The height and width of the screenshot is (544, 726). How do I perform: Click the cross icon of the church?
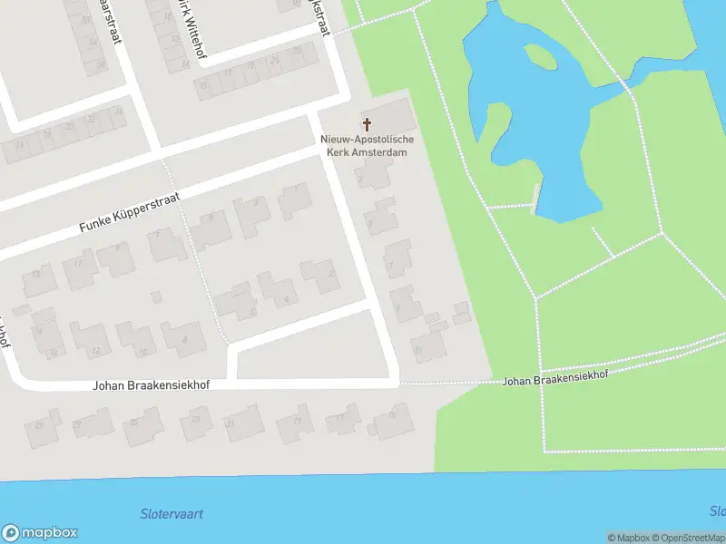(x=368, y=124)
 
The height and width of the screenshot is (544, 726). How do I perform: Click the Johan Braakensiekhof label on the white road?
(x=151, y=385)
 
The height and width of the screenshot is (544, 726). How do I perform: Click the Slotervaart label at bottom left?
(x=172, y=514)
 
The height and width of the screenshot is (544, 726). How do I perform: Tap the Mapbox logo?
(x=39, y=533)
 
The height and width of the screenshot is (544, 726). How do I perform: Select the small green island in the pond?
(x=541, y=56)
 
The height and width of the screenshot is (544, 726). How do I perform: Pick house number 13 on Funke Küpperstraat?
(x=38, y=279)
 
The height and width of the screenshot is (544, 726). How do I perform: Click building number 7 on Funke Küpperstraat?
(x=166, y=242)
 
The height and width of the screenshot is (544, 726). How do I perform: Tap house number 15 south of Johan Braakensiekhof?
(x=393, y=420)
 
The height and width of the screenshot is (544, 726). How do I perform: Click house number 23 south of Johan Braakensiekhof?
(x=195, y=423)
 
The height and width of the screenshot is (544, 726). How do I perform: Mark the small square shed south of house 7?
(x=156, y=296)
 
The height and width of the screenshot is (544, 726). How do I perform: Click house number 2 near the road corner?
(x=320, y=275)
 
